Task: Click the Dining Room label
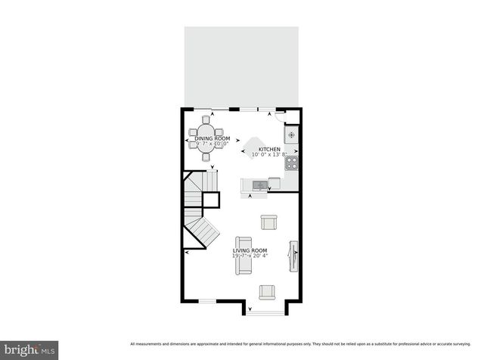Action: click(x=213, y=138)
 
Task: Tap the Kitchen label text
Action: click(x=269, y=150)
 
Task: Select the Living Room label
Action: click(x=250, y=250)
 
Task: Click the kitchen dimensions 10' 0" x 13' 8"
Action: click(x=269, y=155)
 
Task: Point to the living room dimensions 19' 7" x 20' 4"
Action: click(x=250, y=256)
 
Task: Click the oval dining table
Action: click(x=206, y=138)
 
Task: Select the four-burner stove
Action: click(x=291, y=162)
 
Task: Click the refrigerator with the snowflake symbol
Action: click(x=291, y=135)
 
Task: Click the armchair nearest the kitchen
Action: click(x=268, y=222)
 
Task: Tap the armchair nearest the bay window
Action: click(x=267, y=291)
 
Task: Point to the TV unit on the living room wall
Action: click(x=293, y=256)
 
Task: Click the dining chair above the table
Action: click(x=206, y=119)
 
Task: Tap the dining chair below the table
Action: click(x=206, y=157)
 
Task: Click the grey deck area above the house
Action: click(x=241, y=67)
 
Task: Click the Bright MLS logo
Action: click(x=29, y=349)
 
